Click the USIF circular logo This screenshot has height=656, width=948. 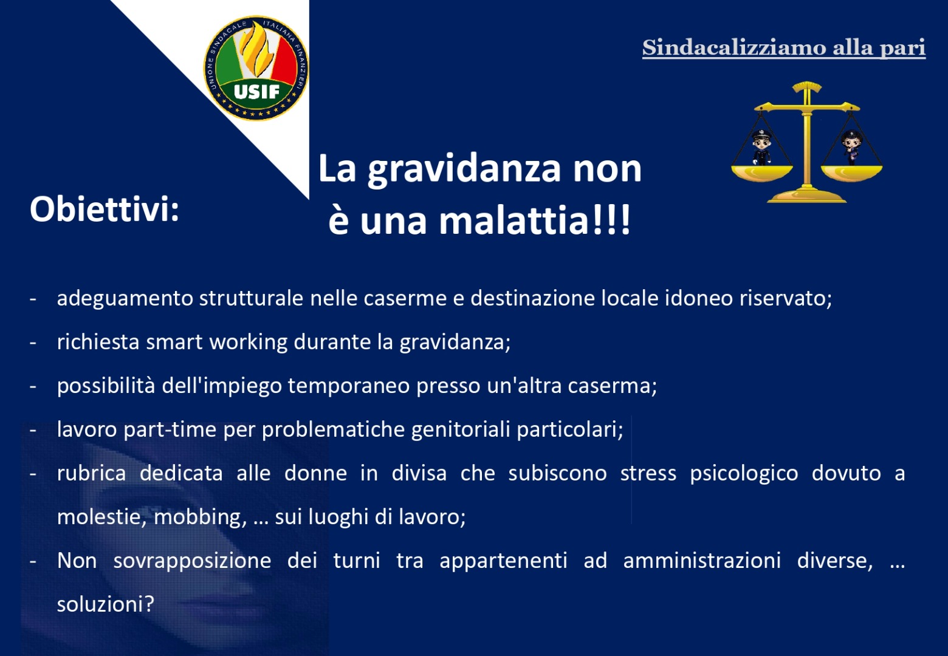[256, 68]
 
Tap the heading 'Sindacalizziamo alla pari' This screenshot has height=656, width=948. [784, 47]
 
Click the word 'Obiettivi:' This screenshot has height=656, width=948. [105, 210]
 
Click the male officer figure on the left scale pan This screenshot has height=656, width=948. [761, 147]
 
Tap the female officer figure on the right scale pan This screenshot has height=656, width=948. [851, 147]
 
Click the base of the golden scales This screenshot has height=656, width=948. [806, 196]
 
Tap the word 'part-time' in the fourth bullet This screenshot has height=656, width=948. [170, 430]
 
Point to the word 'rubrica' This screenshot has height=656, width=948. [91, 473]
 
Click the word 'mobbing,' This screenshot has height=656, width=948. [200, 517]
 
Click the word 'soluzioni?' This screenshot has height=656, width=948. [105, 604]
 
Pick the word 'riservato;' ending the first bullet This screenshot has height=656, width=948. [786, 298]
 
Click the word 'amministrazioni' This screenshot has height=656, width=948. [702, 561]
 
